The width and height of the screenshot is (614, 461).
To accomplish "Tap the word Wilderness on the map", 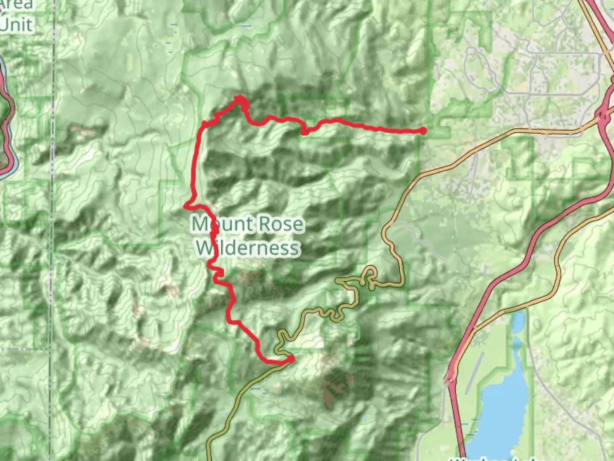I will pos(248,248).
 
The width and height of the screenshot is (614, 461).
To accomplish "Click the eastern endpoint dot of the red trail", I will pos(423,131).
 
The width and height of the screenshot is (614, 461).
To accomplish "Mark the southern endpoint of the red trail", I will pos(291,359).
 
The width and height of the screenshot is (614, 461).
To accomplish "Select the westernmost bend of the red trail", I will pos(186,206).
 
